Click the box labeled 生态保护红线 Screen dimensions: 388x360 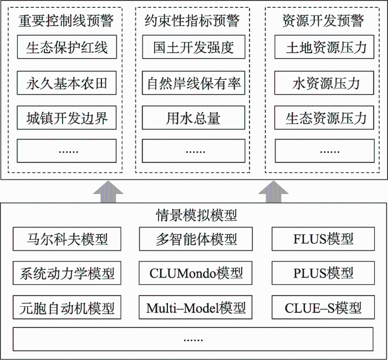(67, 47)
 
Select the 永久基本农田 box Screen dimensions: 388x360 (67, 83)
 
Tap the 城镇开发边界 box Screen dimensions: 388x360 (67, 117)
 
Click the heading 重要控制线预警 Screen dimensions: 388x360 (66, 21)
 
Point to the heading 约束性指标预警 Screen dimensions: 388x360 (192, 21)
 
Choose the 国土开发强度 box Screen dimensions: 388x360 (194, 47)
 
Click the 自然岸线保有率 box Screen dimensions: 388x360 (193, 83)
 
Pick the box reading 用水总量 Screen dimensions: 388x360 (193, 117)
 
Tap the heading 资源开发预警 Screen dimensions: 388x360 (323, 21)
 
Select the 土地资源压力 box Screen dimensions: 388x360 (324, 47)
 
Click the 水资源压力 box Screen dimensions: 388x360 (324, 83)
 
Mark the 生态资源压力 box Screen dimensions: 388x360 (324, 117)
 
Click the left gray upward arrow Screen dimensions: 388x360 (108, 192)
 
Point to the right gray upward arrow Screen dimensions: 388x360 (273, 192)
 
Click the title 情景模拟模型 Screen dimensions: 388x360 (196, 215)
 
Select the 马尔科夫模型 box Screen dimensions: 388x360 (67, 239)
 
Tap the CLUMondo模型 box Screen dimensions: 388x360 (196, 273)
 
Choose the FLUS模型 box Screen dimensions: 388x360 (323, 239)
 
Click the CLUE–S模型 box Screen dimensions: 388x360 (323, 307)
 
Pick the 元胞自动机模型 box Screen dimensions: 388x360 (67, 307)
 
